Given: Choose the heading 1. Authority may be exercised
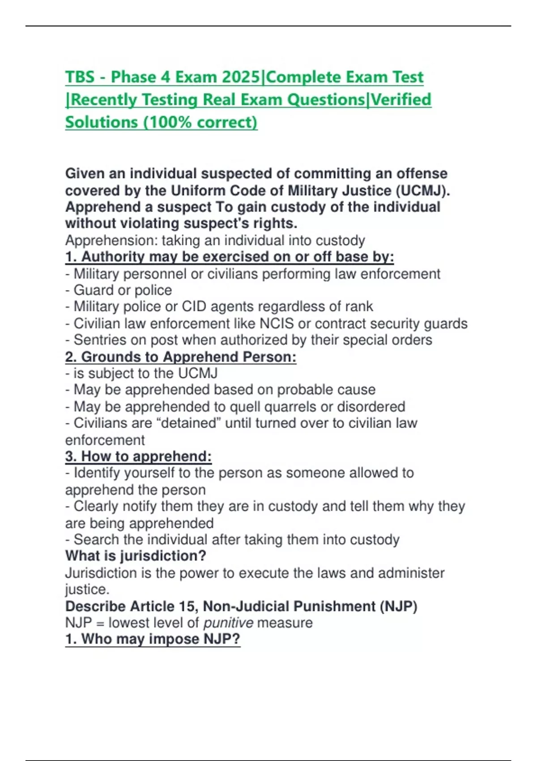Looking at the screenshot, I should click(229, 257).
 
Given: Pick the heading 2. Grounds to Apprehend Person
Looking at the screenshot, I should click(181, 357).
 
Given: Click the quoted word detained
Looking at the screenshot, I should click(188, 423).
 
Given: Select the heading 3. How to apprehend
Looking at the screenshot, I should click(138, 457).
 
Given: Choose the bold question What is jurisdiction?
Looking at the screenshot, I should click(136, 556).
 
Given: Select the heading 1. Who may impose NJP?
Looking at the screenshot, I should click(153, 639).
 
